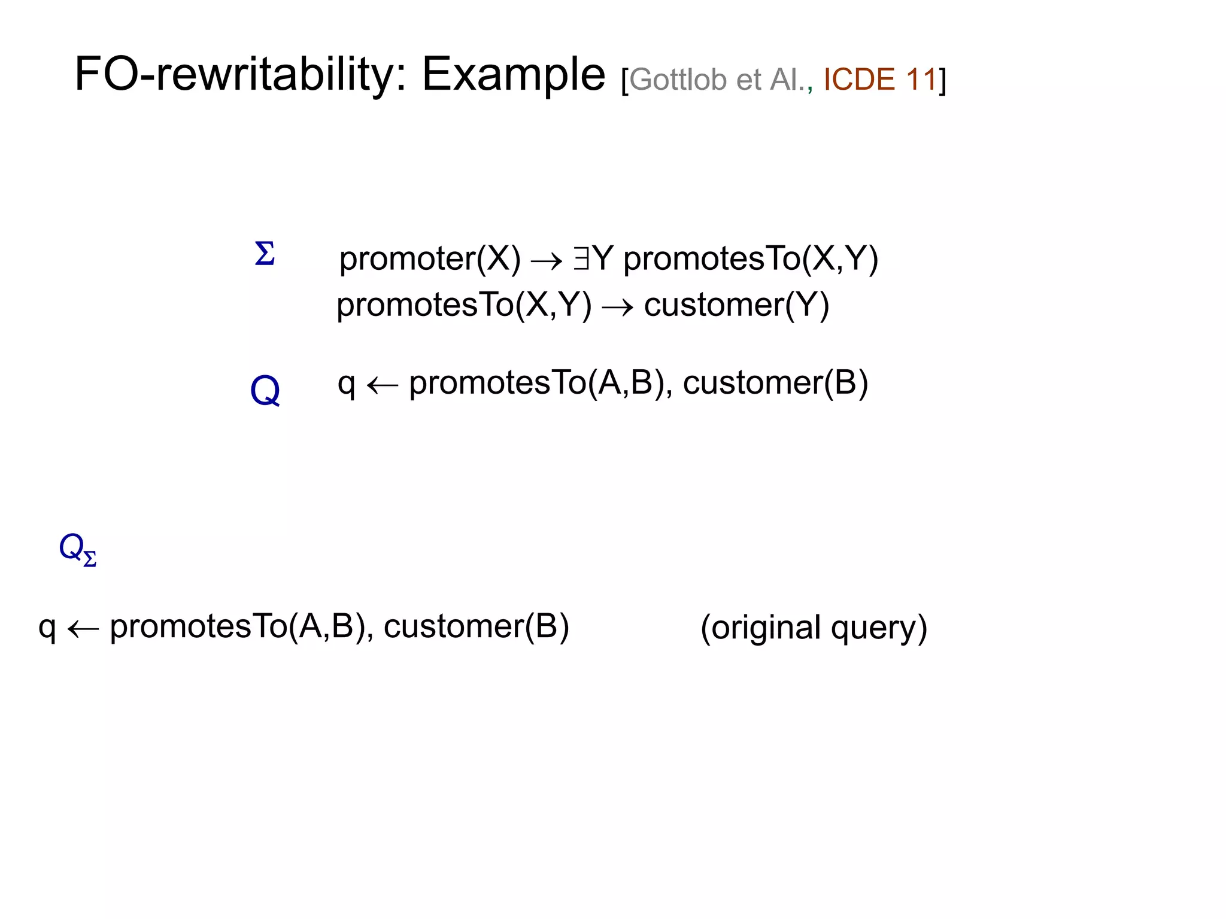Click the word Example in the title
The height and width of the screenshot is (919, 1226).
click(x=514, y=74)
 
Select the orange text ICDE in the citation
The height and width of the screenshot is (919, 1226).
click(x=859, y=80)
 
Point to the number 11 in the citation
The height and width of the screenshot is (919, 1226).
click(x=921, y=80)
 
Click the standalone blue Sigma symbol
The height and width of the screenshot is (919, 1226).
click(x=265, y=254)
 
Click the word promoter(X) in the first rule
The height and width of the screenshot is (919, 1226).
click(x=430, y=258)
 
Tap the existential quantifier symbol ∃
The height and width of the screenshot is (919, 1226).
click(x=581, y=258)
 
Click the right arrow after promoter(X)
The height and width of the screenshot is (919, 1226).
click(x=547, y=260)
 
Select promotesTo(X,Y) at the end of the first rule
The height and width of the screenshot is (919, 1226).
click(x=751, y=258)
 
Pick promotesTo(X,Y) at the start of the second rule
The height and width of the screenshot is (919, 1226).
click(x=464, y=305)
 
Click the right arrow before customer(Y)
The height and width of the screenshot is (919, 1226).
click(x=617, y=308)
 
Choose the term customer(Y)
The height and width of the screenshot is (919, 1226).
click(x=736, y=305)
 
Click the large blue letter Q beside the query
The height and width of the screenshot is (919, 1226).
click(x=265, y=390)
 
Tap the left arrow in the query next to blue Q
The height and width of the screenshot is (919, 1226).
click(x=382, y=385)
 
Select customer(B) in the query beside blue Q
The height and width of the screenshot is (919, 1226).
click(x=775, y=383)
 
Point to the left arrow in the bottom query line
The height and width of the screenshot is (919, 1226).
click(x=83, y=629)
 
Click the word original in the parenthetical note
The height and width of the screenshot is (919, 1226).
click(x=766, y=628)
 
